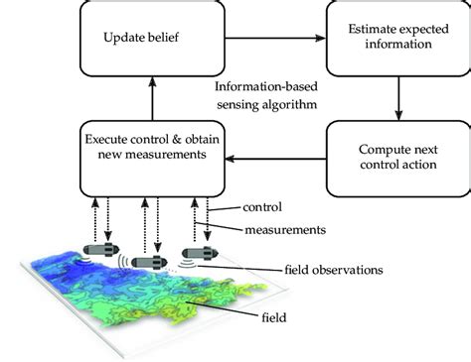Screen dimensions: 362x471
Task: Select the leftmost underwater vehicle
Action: (101, 249)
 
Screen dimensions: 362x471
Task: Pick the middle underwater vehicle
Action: (150, 263)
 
